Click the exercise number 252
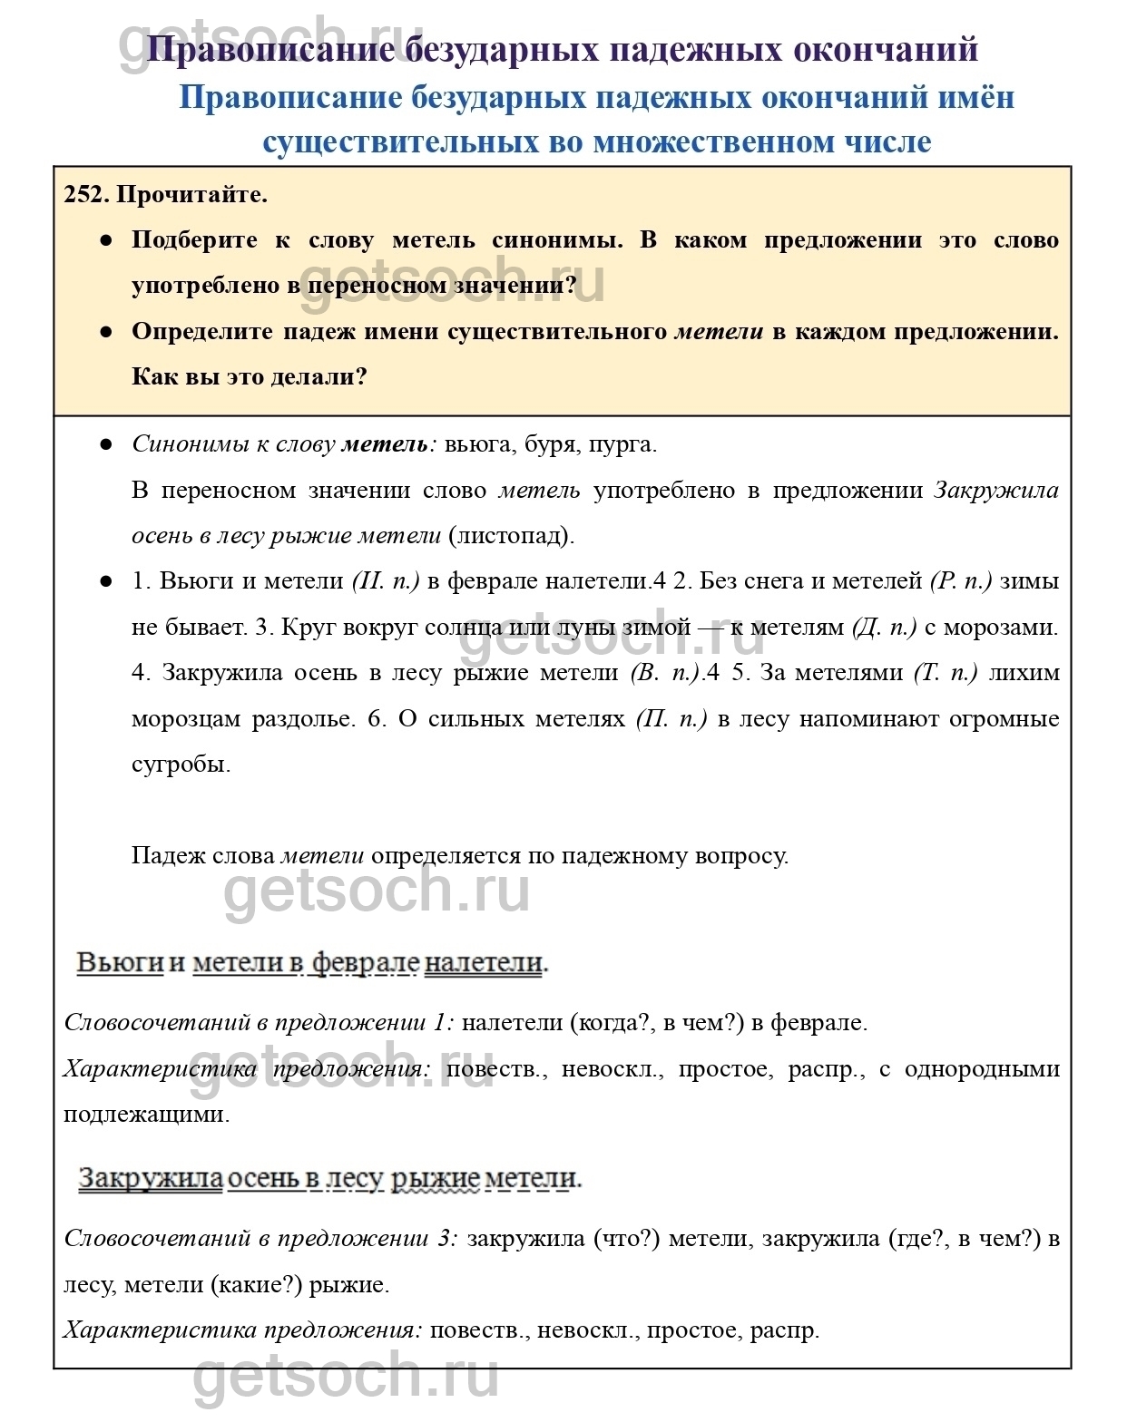86,194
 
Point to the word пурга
622,444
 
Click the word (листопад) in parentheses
512,535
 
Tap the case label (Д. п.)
884,628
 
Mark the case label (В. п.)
664,673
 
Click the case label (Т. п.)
946,673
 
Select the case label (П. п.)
671,719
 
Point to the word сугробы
181,765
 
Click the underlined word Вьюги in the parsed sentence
120,962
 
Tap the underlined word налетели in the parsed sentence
485,962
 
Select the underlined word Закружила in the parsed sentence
151,1178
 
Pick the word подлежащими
146,1115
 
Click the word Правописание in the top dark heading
270,49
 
